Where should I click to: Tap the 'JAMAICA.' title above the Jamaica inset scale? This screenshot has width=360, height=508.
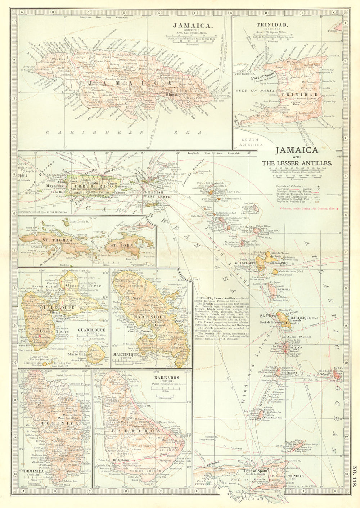tap(192, 26)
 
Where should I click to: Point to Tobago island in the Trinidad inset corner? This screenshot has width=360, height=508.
tap(339, 26)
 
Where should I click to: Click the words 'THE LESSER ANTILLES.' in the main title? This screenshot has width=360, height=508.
tap(297, 163)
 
